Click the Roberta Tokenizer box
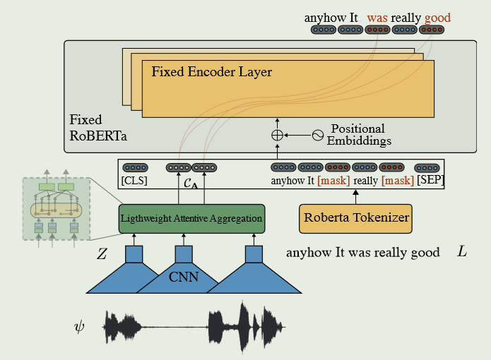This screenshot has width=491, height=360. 356,218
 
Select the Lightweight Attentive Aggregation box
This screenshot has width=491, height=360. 191,219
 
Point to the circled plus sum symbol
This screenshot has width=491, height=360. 277,134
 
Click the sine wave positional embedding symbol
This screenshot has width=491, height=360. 317,134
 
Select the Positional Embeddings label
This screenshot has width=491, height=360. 358,134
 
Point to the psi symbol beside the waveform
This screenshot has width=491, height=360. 81,327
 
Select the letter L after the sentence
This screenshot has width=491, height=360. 462,252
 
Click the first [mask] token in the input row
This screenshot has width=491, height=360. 332,181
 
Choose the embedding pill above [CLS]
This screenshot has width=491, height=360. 135,168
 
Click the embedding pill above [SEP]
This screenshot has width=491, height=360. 427,168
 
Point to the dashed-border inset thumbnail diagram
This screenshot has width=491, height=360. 55,208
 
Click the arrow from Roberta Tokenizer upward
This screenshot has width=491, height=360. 356,196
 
